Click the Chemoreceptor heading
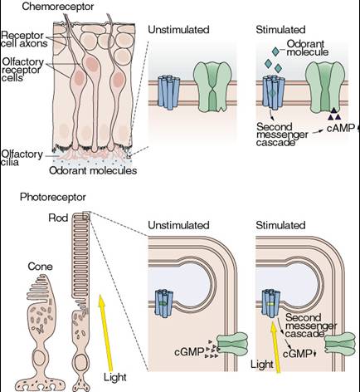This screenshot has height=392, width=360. coord(58,7)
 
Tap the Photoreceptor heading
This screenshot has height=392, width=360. coord(53,197)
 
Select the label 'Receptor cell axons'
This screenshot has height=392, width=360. coord(24,39)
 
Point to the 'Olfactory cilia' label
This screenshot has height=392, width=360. coord(22,158)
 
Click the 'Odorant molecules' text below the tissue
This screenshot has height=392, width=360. coord(93,170)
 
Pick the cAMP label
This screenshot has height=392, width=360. coord(341,128)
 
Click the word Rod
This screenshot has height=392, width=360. coord(58,218)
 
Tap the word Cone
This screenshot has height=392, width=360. coord(40,267)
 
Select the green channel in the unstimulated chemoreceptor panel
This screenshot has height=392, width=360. coord(212,86)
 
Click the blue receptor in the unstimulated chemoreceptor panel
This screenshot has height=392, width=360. coord(168,92)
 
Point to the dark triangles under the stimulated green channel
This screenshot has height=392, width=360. coord(334,114)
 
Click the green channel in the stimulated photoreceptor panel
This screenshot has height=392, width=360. coord(340,344)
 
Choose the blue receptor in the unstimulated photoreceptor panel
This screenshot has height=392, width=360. coord(163,303)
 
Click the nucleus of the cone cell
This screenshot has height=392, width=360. coord(41,358)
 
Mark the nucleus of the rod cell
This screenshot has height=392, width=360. coord(80,361)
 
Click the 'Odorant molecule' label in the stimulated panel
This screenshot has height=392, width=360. coord(307,47)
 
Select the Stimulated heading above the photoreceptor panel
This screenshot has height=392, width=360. coord(280,225)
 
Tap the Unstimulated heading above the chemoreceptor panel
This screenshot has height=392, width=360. coord(178,30)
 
